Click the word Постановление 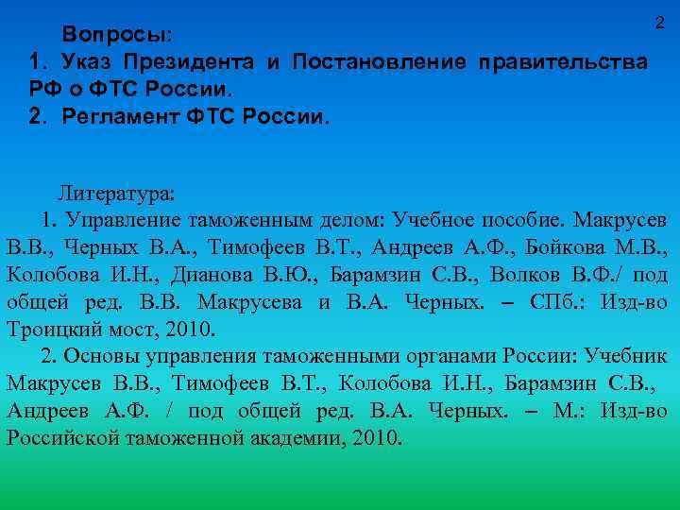pyautogui.click(x=379, y=62)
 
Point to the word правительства pyautogui.click(x=564, y=62)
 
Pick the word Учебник pyautogui.click(x=627, y=358)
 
